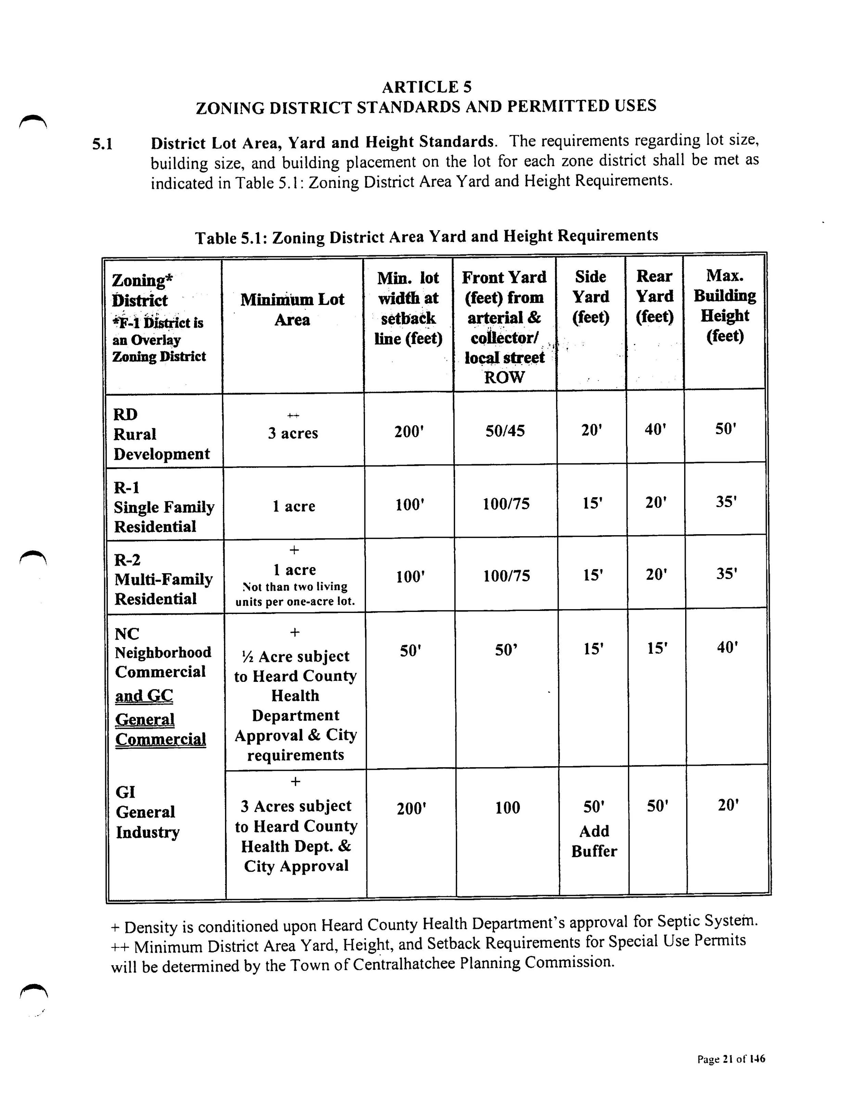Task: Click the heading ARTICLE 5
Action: pyautogui.click(x=427, y=87)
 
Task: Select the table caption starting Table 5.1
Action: pyautogui.click(x=427, y=236)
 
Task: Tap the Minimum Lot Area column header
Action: pyautogui.click(x=292, y=309)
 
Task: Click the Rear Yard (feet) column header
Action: pyautogui.click(x=654, y=296)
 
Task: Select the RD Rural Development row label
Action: pyautogui.click(x=161, y=434)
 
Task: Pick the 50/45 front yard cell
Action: pyautogui.click(x=504, y=431)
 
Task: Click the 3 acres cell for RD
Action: pyautogui.click(x=293, y=433)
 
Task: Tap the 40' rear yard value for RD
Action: pyautogui.click(x=655, y=430)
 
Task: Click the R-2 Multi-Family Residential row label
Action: pyautogui.click(x=163, y=580)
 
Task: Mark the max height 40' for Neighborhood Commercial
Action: pyautogui.click(x=727, y=648)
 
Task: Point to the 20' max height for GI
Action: pyautogui.click(x=728, y=806)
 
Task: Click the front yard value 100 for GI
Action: pyautogui.click(x=507, y=808)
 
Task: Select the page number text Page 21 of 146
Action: pyautogui.click(x=731, y=1059)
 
